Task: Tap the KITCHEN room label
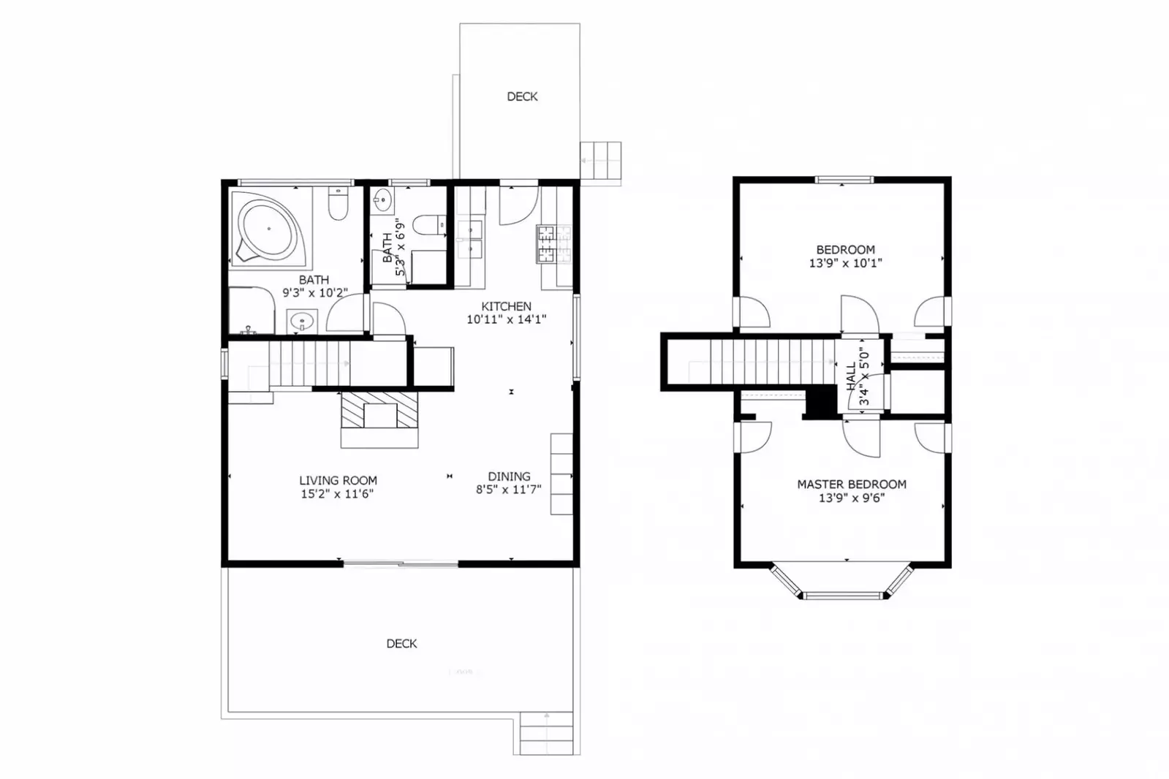[506, 306]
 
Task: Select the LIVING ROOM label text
[338, 480]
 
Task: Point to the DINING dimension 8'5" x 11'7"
[508, 490]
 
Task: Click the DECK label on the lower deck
[401, 643]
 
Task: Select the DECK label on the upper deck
[522, 96]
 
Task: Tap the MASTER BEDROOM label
[851, 484]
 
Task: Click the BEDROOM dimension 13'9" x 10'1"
[845, 263]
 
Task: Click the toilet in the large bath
[338, 205]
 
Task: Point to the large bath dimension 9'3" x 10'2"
[315, 293]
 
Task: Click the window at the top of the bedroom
[844, 180]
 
